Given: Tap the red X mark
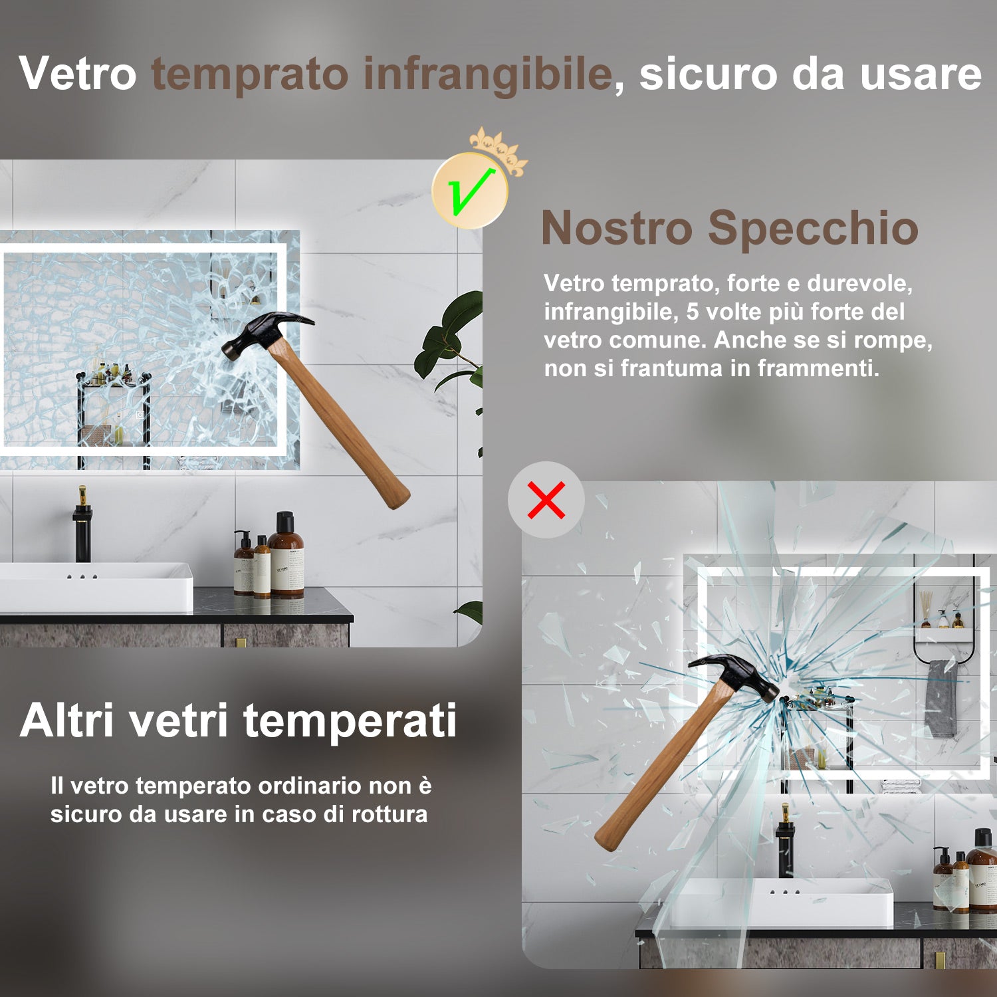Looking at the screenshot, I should click(x=546, y=500).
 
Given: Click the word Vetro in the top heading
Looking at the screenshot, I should click(x=78, y=74).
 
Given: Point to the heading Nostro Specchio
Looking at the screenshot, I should click(x=729, y=228).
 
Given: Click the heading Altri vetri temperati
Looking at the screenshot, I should click(x=238, y=720).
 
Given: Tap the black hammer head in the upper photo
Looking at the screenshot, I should click(x=266, y=332).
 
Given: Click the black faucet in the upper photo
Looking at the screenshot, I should click(x=83, y=525).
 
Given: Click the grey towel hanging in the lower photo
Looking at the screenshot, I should click(x=941, y=698).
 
